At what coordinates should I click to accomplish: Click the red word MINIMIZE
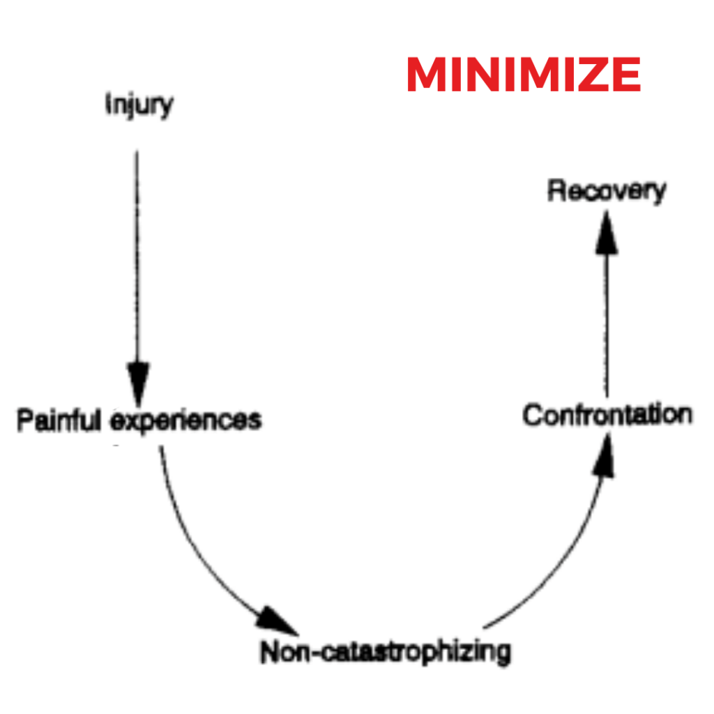coord(524,75)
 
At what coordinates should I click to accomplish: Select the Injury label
coord(139,105)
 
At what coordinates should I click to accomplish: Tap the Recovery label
coord(606,190)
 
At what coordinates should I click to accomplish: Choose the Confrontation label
coord(607,415)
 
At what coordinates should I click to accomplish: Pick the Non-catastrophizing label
coord(385,652)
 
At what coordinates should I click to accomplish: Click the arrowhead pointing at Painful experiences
coord(137,379)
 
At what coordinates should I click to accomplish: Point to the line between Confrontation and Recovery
coord(606,321)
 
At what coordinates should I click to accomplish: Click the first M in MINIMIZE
coord(427,75)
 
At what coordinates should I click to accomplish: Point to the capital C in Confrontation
coord(532,415)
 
